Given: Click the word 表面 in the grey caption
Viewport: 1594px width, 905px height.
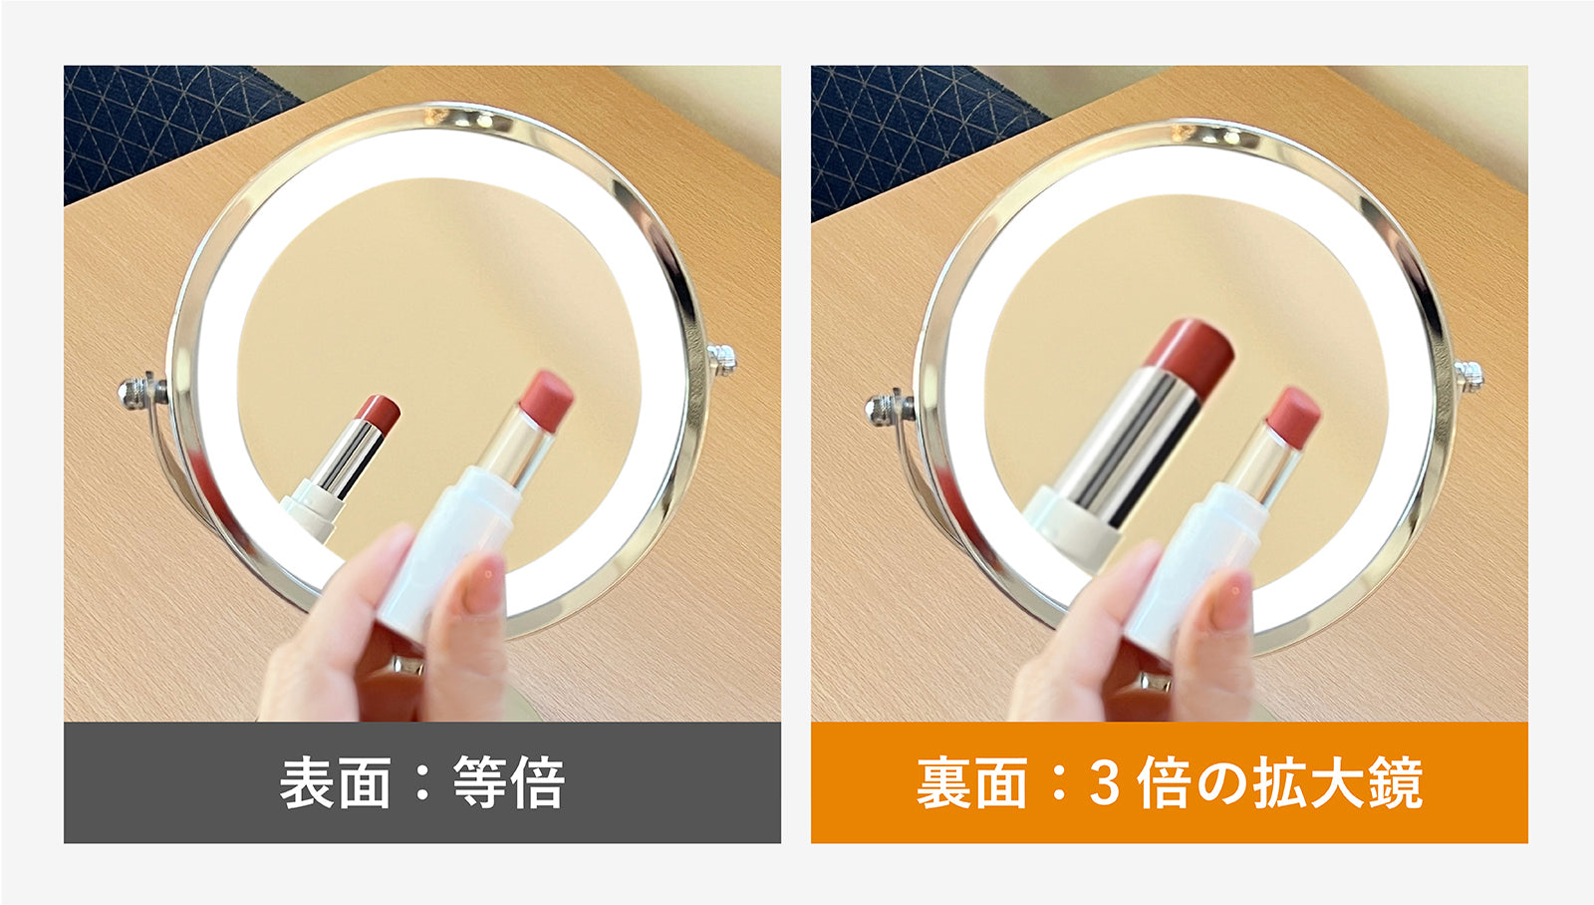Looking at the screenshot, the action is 335,782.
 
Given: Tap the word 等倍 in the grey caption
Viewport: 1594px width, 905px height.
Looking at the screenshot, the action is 509,782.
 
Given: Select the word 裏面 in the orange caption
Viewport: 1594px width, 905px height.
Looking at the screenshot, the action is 972,782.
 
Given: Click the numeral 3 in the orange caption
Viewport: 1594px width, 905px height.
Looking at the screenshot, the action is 1104,783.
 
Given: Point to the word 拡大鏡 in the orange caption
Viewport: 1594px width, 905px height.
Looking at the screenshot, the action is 1338,782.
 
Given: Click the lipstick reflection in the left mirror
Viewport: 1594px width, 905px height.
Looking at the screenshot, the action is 340,467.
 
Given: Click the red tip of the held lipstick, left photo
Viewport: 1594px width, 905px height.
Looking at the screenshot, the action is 546,400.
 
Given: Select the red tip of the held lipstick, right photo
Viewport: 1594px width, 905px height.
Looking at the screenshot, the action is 1293,418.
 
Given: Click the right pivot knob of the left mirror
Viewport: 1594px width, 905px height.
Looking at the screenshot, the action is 721,359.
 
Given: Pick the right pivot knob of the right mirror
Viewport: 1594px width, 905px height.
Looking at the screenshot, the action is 1468,376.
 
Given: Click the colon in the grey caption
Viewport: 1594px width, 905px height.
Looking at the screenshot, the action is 422,783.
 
